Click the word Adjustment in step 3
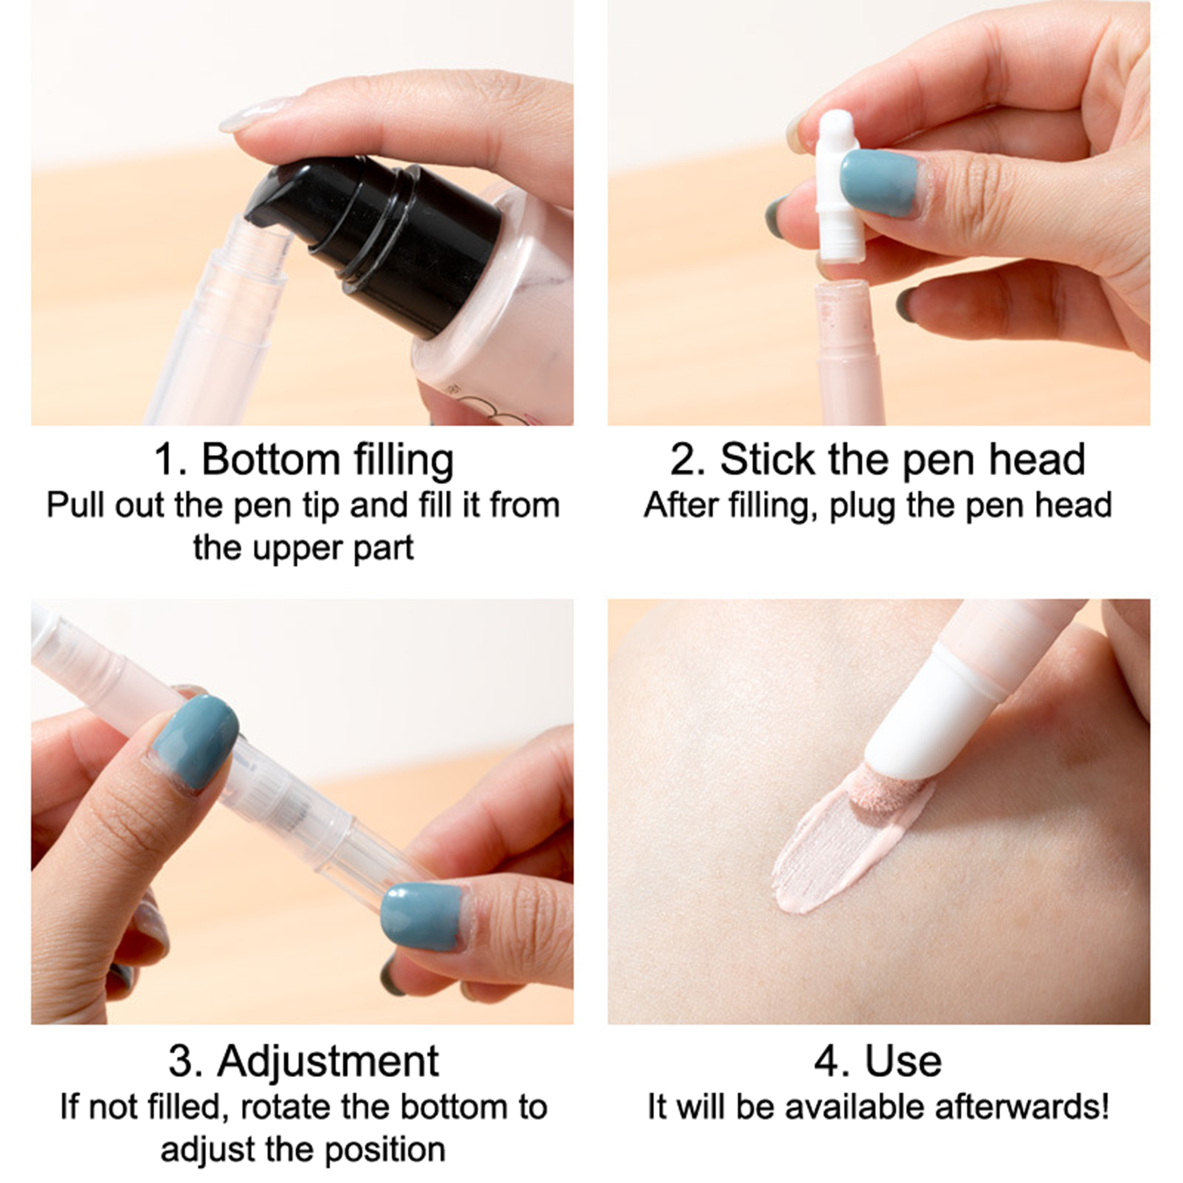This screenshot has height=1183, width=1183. point(328,1062)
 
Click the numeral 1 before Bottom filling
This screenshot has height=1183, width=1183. point(166,460)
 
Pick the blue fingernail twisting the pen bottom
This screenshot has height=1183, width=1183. point(421,917)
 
